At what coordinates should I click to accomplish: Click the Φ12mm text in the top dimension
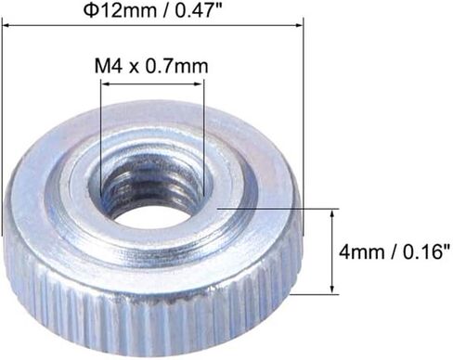click(x=120, y=10)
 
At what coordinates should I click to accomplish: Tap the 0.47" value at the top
click(x=199, y=10)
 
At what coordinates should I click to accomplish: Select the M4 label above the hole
click(x=109, y=66)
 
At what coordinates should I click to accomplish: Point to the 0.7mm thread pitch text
click(x=176, y=66)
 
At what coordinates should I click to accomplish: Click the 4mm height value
click(x=361, y=251)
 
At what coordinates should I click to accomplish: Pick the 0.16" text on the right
click(x=426, y=251)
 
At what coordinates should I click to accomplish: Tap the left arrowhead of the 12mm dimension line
click(x=6, y=25)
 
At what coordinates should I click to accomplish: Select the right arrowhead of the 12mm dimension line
click(x=298, y=25)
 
